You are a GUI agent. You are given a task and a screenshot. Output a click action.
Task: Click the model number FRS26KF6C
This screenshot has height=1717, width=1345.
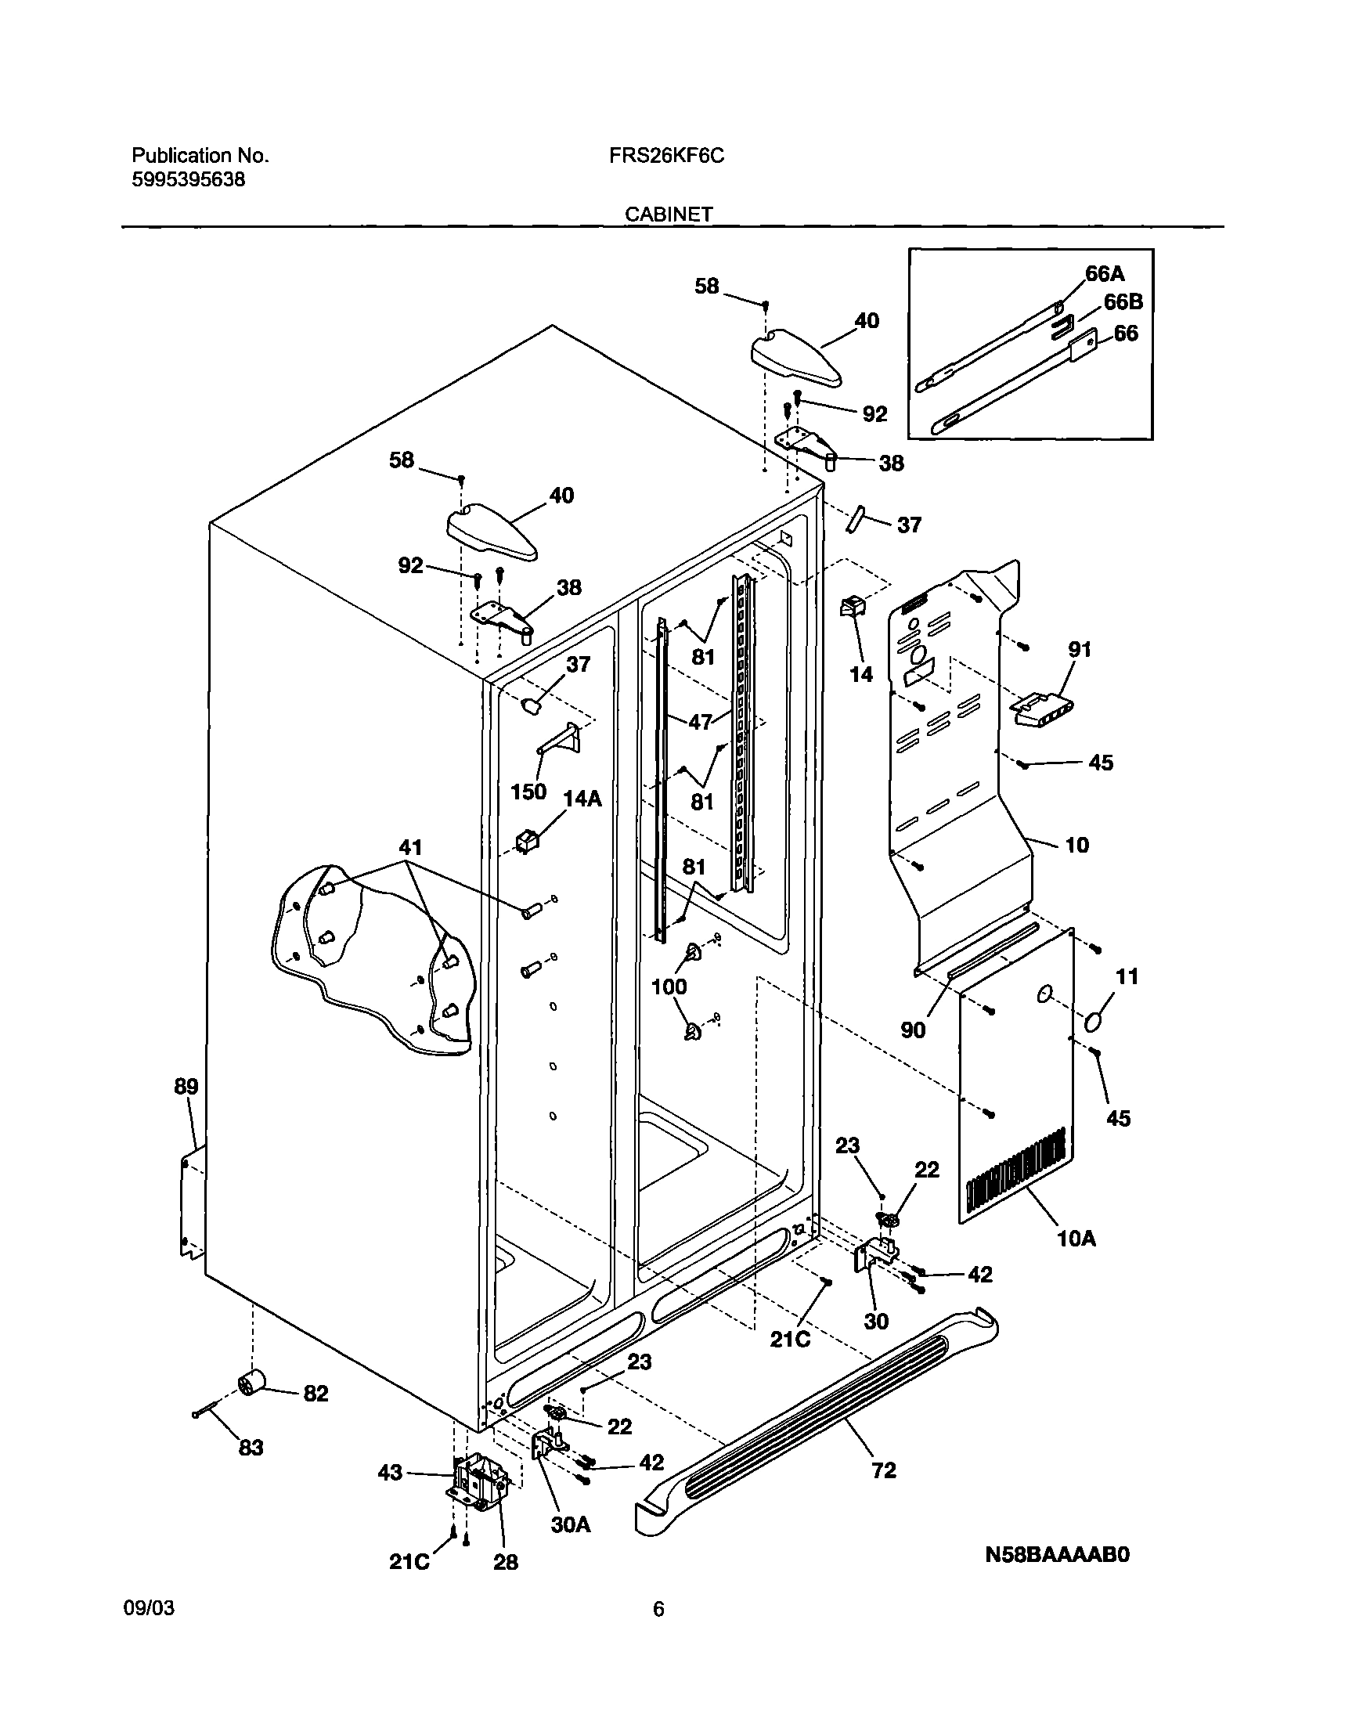click(666, 156)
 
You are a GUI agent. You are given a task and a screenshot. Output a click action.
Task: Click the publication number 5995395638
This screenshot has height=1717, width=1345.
click(187, 180)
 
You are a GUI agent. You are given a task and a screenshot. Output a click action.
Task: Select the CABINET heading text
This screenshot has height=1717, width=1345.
click(669, 215)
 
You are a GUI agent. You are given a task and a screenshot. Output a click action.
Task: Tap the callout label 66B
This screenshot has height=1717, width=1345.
click(1123, 302)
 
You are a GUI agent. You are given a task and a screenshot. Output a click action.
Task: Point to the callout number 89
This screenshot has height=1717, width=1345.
click(186, 1087)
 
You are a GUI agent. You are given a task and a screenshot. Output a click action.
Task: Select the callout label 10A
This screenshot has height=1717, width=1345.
click(1076, 1239)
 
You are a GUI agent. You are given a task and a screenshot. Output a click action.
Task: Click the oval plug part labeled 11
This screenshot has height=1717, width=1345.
click(1094, 1023)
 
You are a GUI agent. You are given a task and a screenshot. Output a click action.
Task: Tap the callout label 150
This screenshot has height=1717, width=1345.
click(528, 792)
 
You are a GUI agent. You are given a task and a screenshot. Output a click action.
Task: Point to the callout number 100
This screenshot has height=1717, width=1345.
click(669, 987)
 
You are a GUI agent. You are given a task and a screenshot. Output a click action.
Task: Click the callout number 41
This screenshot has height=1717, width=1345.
click(410, 847)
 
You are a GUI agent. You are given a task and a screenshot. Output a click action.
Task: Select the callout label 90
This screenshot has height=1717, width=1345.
click(913, 1030)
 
